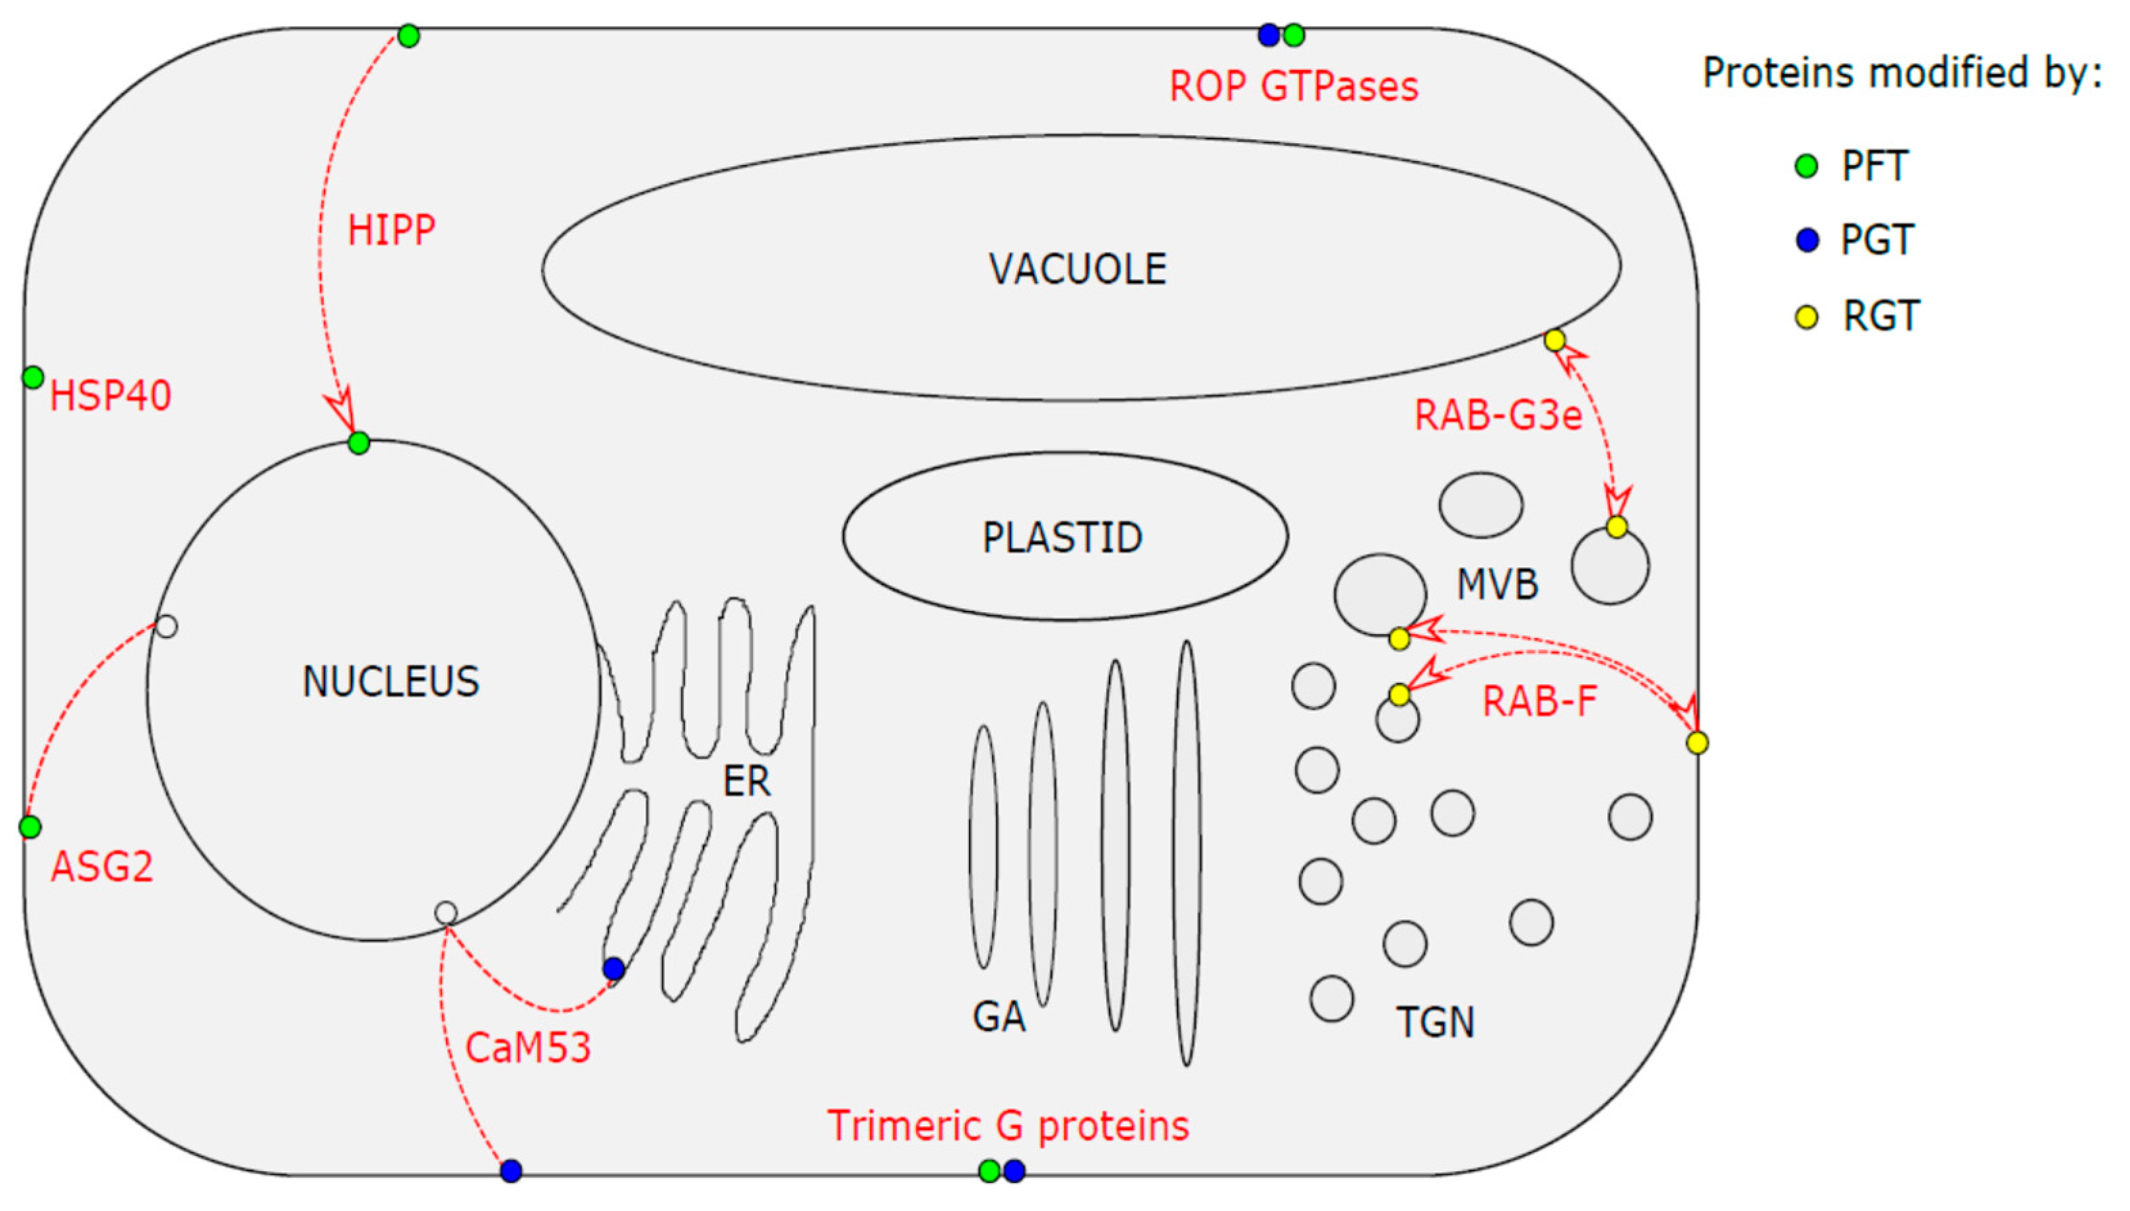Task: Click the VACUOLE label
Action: pos(1077,269)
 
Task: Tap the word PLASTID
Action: pos(1062,538)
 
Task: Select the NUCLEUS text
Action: pos(391,682)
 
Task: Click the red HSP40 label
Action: pos(111,395)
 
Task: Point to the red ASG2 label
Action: pos(103,867)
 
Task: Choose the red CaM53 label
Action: pos(528,1047)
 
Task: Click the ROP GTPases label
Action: pos(1293,86)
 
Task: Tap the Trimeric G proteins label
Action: pos(1008,1125)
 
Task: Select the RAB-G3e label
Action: pos(1498,415)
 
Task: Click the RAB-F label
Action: pos(1539,701)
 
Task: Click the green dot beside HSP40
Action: pos(33,377)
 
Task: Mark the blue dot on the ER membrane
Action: pos(614,968)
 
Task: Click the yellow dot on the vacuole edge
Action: pos(1554,340)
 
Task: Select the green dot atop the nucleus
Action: pos(359,443)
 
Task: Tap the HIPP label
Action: pos(391,230)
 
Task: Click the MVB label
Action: pos(1497,584)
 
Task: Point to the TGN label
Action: pos(1435,1022)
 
